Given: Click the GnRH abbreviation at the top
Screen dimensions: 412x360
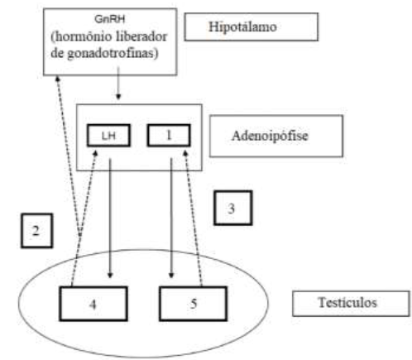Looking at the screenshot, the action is [x=110, y=19].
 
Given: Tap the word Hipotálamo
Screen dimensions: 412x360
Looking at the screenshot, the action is [x=242, y=27].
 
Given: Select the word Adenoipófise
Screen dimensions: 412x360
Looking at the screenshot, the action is [x=270, y=136].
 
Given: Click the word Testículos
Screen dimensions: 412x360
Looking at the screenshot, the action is [x=347, y=303].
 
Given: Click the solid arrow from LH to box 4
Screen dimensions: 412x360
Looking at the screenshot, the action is [x=110, y=218].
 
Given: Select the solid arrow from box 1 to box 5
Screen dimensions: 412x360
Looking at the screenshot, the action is [x=171, y=218].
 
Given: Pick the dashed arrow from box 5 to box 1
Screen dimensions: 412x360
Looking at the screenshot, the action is [x=194, y=218].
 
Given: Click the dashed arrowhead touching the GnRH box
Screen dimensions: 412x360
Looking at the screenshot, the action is [x=58, y=79].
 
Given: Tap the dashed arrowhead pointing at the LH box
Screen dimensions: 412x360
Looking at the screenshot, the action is [x=95, y=153].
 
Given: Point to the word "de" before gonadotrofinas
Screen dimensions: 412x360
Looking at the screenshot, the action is [x=57, y=53].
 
